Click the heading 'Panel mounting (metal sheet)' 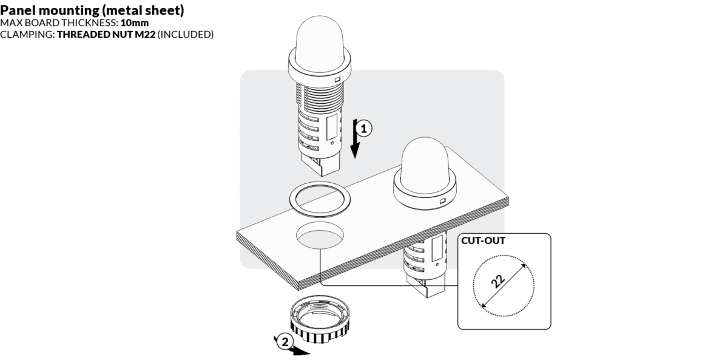(93, 11)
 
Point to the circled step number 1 (363, 128)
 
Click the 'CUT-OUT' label (484, 240)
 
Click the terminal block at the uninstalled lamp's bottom (322, 160)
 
